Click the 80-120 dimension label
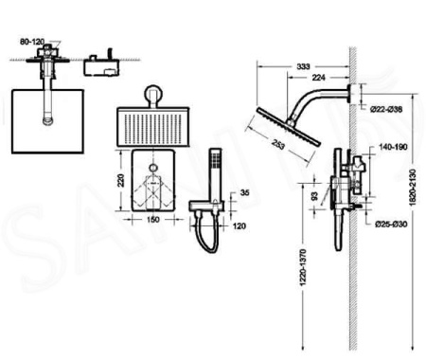[x=33, y=43]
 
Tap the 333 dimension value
[x=302, y=67]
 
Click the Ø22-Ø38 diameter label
[x=385, y=111]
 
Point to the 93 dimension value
[x=315, y=196]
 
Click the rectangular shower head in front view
[x=153, y=125]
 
